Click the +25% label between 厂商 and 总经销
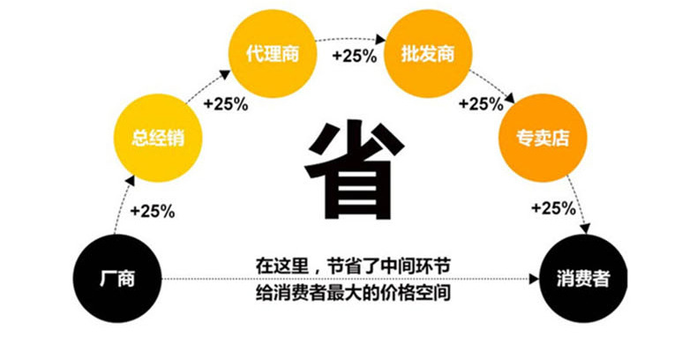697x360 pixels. point(152,211)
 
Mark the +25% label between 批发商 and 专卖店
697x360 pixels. point(480,103)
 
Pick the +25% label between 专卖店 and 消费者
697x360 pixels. point(552,209)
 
